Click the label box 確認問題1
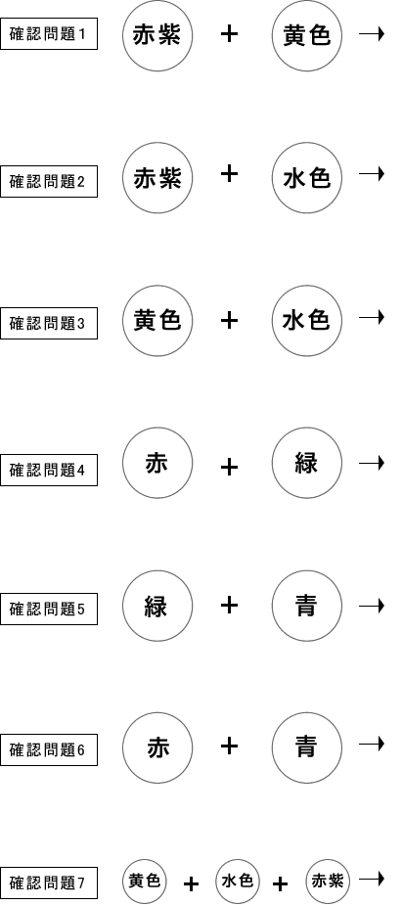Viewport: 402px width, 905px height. [49, 34]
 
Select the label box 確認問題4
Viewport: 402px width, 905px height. [49, 470]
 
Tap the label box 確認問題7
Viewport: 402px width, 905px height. [49, 882]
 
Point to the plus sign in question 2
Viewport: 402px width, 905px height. [230, 174]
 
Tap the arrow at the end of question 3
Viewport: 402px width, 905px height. [372, 317]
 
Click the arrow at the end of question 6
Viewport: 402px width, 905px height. [372, 744]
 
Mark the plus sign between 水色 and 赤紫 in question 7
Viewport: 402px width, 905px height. [281, 883]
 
